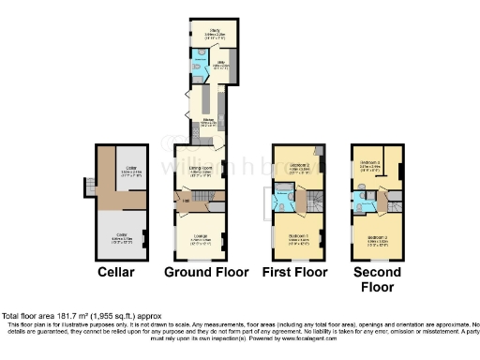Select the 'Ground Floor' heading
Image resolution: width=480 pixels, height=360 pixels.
(x=206, y=273)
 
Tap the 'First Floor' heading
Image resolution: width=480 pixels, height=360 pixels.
(x=296, y=273)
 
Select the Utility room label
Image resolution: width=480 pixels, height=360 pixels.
(x=222, y=65)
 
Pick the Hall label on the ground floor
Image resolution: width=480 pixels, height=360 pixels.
(x=186, y=201)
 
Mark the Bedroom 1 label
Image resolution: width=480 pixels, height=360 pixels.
(x=298, y=236)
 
